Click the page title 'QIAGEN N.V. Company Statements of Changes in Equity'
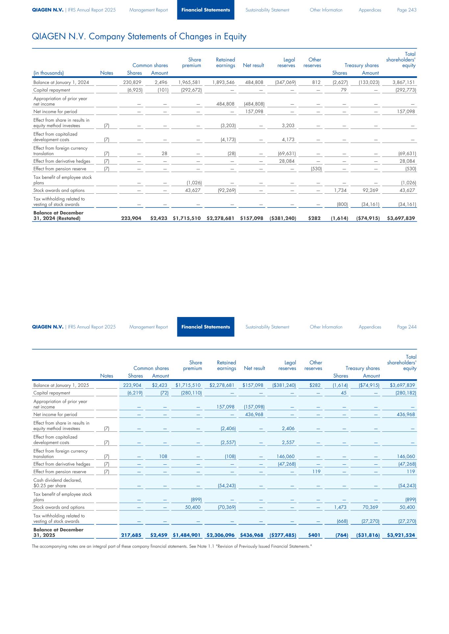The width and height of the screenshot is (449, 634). click(x=139, y=37)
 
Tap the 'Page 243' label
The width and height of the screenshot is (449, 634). click(x=407, y=10)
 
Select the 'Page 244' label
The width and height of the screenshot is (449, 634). click(x=407, y=327)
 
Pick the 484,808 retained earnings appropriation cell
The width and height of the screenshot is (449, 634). click(x=225, y=104)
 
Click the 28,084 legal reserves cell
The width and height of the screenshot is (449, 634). click(x=287, y=161)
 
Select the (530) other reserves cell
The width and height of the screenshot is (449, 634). click(x=315, y=169)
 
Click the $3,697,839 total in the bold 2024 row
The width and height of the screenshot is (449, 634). click(x=401, y=218)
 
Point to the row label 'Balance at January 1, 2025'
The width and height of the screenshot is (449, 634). click(x=61, y=385)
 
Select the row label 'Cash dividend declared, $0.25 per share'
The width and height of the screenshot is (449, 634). click(x=58, y=483)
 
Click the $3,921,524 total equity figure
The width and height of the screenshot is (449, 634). click(x=401, y=535)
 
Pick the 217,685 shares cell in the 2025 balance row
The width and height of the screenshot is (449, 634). click(x=131, y=535)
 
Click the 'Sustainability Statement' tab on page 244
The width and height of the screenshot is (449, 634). click(x=267, y=327)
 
